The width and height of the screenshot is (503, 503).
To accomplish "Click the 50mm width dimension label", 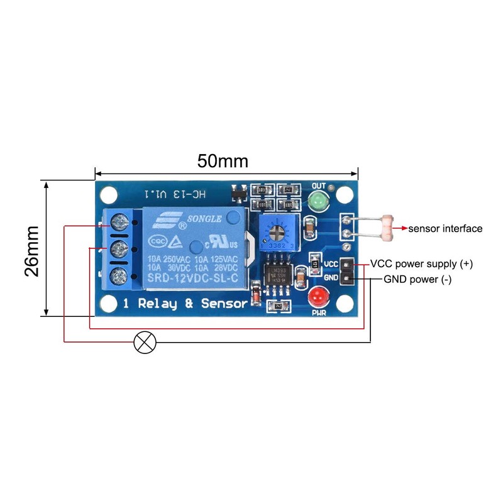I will (223, 161).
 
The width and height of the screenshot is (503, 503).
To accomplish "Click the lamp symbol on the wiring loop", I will (146, 343).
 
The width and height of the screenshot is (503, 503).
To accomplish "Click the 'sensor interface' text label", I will (445, 228).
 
